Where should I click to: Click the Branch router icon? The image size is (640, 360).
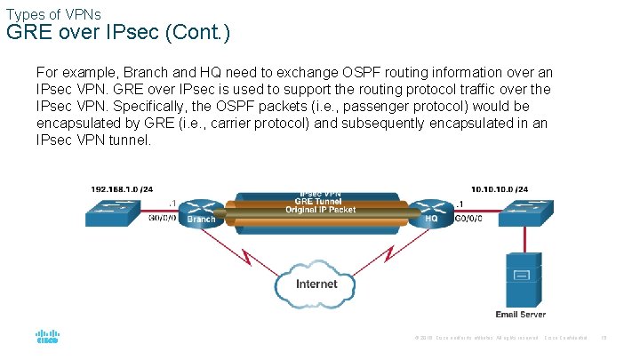[x=200, y=210]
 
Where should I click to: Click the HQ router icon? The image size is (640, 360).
[x=432, y=210]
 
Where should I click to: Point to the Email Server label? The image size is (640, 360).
[x=520, y=314]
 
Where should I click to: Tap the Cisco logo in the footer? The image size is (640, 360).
[x=47, y=338]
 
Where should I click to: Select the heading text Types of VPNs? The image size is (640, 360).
[x=53, y=13]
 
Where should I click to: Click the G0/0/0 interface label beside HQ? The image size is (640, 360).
[x=469, y=217]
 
